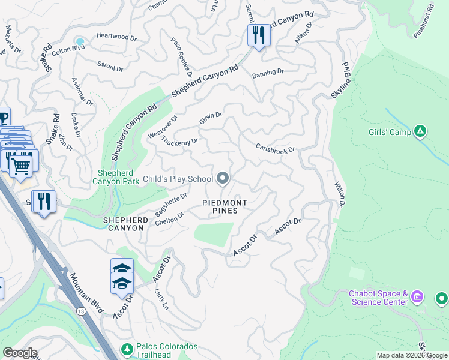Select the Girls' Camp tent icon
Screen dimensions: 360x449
tap(421, 131)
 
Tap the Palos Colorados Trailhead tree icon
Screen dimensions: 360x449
tap(127, 349)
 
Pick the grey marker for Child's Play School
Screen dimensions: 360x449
tap(223, 178)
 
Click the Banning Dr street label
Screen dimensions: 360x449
tap(268, 72)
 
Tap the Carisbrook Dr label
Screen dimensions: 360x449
tap(276, 148)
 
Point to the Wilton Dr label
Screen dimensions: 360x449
tap(339, 194)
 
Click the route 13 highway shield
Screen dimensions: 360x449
tap(80, 310)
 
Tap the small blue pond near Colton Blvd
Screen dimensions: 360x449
tap(79, 41)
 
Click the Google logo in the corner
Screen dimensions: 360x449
tap(19, 353)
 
